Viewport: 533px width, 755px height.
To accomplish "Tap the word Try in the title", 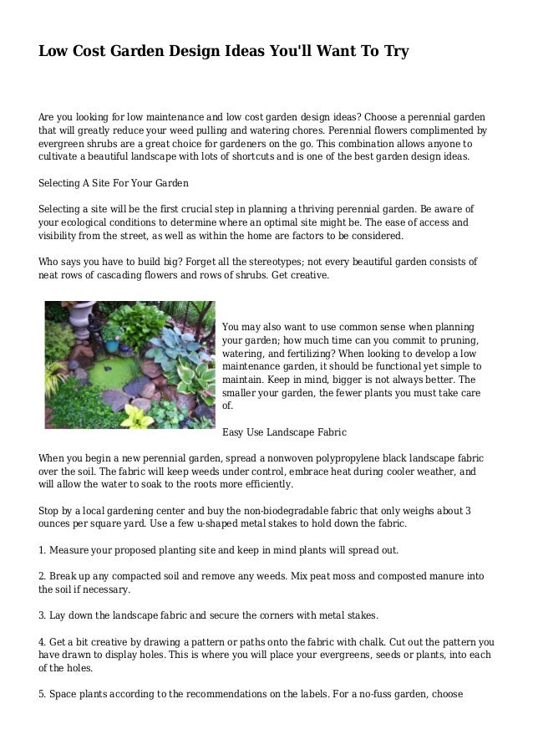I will (395, 52).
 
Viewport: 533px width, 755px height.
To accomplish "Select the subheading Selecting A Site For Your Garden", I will (114, 182).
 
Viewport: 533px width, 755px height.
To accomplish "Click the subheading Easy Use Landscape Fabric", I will (284, 432).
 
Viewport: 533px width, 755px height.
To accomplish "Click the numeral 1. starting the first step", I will (43, 550).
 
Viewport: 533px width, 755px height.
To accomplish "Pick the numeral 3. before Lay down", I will (43, 616).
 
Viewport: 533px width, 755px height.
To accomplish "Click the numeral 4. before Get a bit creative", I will (43, 643).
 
